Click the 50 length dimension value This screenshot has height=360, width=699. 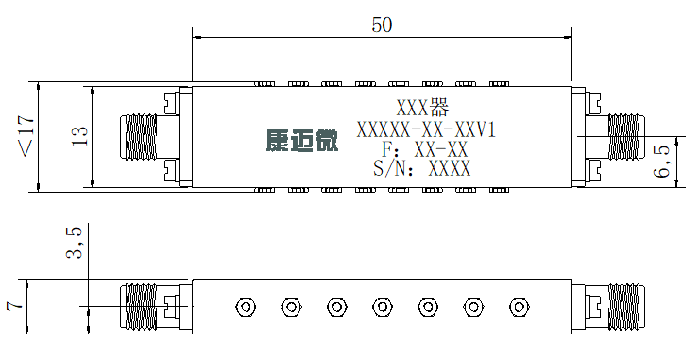click(x=382, y=25)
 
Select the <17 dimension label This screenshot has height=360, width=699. click(x=26, y=136)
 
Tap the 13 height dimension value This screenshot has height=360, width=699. click(x=79, y=136)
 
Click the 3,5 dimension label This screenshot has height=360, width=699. click(x=74, y=243)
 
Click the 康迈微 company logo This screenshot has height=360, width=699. click(x=302, y=141)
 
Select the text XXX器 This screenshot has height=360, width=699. click(x=422, y=107)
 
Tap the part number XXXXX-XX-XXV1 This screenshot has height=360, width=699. click(x=426, y=129)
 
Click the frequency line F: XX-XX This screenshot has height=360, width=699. click(x=424, y=149)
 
